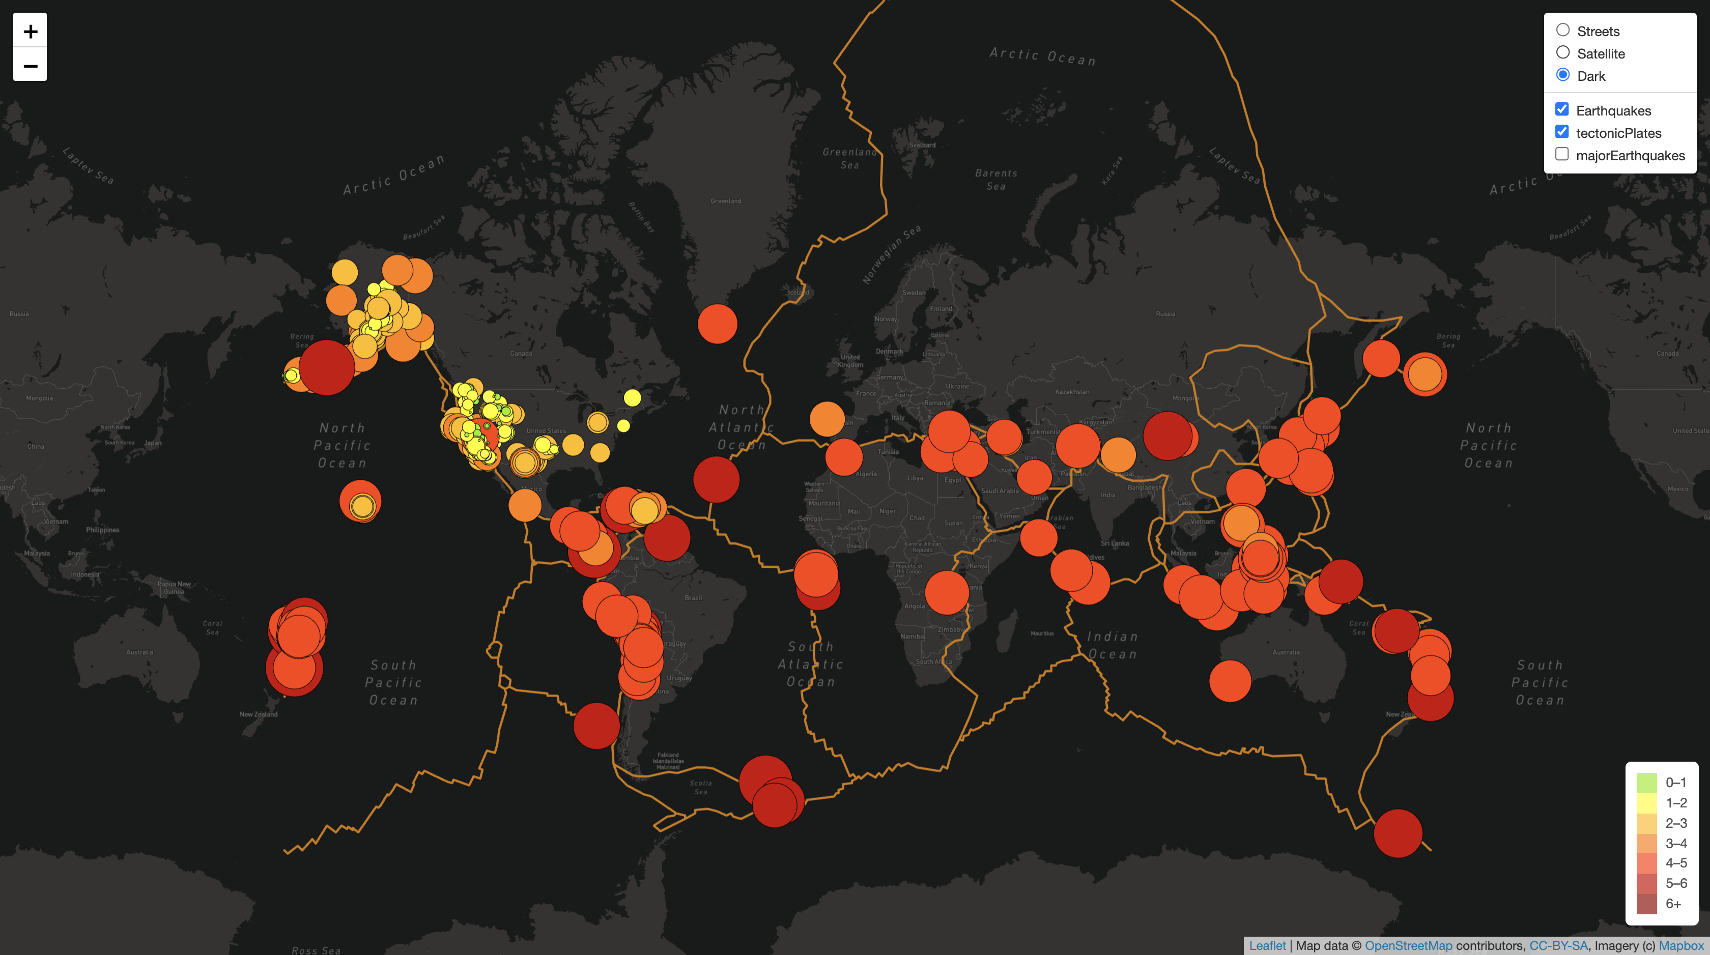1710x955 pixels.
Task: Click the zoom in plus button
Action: click(x=30, y=31)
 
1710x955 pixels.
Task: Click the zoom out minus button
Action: click(x=30, y=65)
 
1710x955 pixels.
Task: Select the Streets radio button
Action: click(x=1562, y=31)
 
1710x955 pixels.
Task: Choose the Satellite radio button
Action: click(x=1562, y=53)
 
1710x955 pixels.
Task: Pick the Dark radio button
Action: click(x=1562, y=75)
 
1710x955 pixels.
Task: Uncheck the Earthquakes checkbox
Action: click(x=1562, y=109)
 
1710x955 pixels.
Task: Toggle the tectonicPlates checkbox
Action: click(x=1562, y=132)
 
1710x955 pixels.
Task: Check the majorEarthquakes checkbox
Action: click(x=1562, y=155)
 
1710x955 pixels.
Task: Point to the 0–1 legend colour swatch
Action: click(x=1646, y=783)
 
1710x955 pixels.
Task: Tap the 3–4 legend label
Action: click(x=1675, y=843)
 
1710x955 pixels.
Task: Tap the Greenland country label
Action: click(x=726, y=201)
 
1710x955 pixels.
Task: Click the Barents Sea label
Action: click(x=996, y=179)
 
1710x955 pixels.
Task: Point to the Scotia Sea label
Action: click(x=700, y=787)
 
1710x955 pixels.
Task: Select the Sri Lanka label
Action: click(x=1115, y=543)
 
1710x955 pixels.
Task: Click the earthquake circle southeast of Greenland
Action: click(x=717, y=324)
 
